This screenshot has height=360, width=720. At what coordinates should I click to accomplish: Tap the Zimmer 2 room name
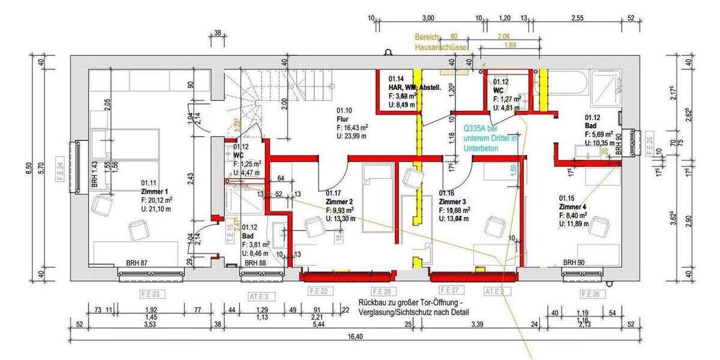tap(340, 202)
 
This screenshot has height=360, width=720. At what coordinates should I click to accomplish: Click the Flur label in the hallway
tap(343, 119)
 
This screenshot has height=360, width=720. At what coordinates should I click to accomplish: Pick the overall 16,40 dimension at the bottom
tap(355, 337)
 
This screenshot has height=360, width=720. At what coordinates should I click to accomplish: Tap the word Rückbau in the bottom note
tap(373, 303)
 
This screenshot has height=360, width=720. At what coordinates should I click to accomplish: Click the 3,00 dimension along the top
tap(428, 19)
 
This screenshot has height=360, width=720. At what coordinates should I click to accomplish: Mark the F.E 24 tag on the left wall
tap(61, 167)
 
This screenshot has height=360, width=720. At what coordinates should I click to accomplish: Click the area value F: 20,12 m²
tap(157, 200)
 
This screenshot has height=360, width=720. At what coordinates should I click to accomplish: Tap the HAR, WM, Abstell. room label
tap(415, 87)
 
